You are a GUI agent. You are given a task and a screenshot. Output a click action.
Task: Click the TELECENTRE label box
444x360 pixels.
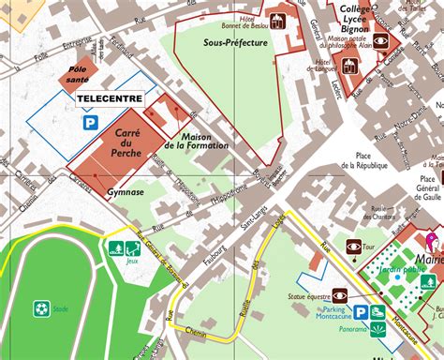click(109, 97)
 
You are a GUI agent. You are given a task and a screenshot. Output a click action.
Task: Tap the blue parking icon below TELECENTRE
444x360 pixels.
click(91, 122)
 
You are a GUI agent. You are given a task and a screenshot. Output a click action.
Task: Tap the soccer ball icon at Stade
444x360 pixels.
click(41, 307)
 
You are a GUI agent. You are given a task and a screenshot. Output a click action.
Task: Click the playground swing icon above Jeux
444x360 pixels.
click(116, 248)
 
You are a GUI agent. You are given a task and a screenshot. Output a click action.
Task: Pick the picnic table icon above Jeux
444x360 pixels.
click(134, 248)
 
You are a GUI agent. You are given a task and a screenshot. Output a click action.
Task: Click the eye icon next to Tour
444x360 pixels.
click(354, 247)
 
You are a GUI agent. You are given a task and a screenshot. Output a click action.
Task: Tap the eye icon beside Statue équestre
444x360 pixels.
click(339, 293)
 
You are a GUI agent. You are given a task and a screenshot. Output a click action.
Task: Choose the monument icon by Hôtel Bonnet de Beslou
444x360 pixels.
click(277, 19)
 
